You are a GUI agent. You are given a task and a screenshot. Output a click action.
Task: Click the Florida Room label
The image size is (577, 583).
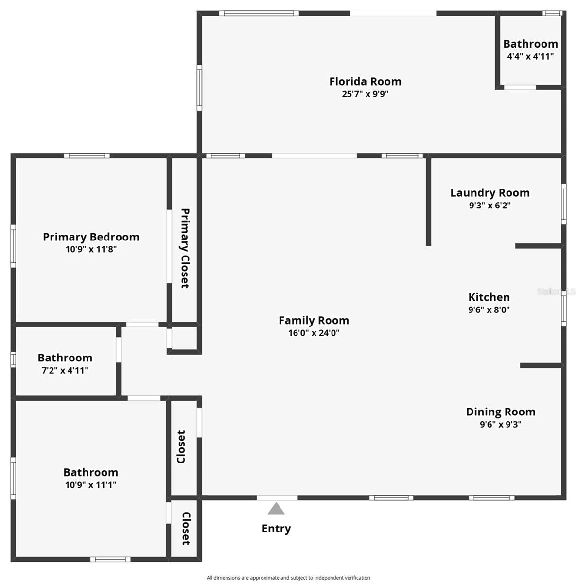[x=365, y=81]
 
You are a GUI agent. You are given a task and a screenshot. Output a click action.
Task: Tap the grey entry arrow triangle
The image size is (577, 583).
[x=276, y=509]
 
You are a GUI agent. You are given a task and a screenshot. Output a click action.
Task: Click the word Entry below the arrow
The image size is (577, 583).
[x=276, y=529]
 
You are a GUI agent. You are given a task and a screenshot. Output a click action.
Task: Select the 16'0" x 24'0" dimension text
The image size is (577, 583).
[x=314, y=333]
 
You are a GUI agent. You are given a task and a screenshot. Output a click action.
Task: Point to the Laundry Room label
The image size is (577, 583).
[x=490, y=193]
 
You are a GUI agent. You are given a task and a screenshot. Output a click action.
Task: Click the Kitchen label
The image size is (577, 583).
[x=489, y=297]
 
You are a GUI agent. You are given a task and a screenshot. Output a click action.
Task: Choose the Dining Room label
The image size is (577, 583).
[x=501, y=412]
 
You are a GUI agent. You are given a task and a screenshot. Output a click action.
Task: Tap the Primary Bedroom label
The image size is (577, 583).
[x=91, y=237]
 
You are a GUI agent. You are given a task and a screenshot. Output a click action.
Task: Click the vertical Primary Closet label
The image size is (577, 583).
[x=185, y=248]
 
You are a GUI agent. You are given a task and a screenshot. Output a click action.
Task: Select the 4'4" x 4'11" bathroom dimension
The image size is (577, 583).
[x=530, y=56]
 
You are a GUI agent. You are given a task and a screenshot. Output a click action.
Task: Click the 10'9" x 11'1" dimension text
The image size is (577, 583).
[x=91, y=485]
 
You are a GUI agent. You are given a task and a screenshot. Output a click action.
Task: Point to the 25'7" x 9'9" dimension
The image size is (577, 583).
[x=365, y=94]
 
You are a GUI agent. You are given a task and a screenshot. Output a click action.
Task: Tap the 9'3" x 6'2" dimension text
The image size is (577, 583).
[x=490, y=206]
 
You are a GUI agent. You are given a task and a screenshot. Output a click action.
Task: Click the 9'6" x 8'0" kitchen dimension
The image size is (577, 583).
[x=489, y=310]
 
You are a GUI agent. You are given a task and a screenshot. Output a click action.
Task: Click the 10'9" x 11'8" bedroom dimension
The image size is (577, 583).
[x=91, y=250]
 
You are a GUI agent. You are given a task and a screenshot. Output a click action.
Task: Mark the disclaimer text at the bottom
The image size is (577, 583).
[x=288, y=578]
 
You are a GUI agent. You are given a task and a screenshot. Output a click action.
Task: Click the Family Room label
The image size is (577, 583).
[x=314, y=321]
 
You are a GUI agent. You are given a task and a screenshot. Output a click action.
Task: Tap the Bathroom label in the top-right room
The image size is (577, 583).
[x=530, y=44]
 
